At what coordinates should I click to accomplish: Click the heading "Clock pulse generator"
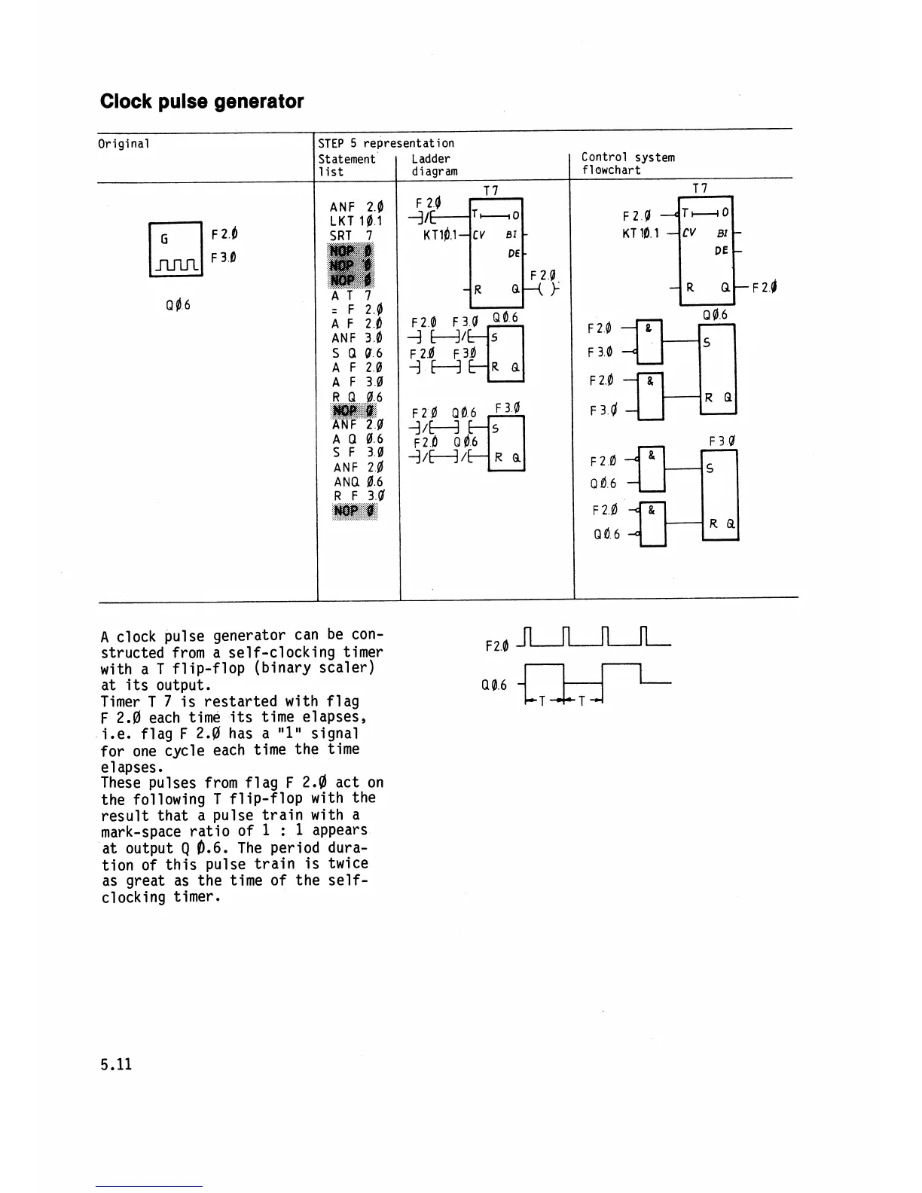click(202, 102)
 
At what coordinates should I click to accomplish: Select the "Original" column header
click(124, 143)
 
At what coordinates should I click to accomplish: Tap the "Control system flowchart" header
click(627, 163)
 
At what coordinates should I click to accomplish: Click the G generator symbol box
click(176, 249)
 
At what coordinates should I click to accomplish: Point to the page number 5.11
click(116, 1064)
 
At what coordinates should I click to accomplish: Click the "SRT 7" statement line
click(352, 236)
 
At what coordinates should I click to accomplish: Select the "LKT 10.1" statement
click(356, 221)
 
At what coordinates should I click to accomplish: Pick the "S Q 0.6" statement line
click(356, 352)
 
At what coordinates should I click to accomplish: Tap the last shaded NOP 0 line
click(355, 511)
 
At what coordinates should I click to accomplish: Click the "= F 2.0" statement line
click(356, 310)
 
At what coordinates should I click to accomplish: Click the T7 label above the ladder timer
click(490, 191)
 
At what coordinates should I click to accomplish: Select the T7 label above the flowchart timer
click(700, 188)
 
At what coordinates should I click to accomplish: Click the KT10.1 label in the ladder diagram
click(441, 234)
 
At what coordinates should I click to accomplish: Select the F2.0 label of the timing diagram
click(497, 646)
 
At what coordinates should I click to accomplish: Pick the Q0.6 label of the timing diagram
click(494, 685)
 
